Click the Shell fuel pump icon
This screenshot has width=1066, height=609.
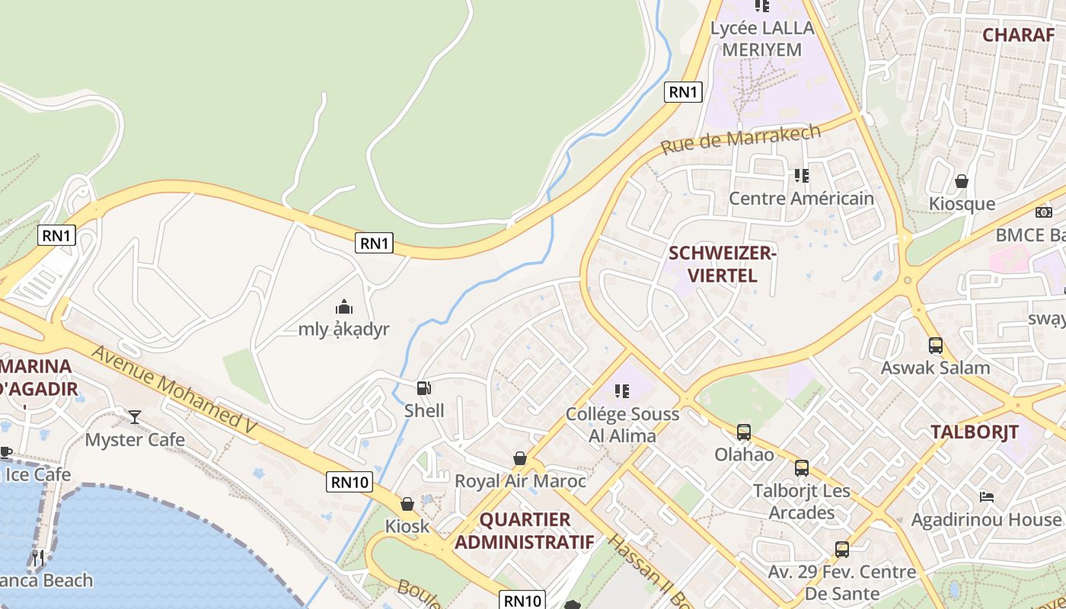[424, 388]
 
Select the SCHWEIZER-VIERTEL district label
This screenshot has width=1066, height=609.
[721, 263]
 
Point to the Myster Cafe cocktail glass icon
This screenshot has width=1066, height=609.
[135, 416]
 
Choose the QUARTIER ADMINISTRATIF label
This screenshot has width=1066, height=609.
[525, 531]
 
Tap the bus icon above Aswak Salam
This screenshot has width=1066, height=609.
[936, 346]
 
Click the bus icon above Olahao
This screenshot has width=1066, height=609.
[744, 432]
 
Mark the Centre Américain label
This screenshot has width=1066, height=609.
[801, 199]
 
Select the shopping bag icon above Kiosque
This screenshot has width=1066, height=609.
[962, 181]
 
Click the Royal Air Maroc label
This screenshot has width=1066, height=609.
[520, 481]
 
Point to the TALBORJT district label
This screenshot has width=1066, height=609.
[974, 432]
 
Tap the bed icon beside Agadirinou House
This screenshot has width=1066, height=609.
[987, 497]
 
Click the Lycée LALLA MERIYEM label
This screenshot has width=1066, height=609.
[762, 39]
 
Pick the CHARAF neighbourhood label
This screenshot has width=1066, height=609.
[1017, 34]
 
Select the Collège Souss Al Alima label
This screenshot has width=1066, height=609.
[622, 425]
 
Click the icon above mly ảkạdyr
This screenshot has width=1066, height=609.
[344, 308]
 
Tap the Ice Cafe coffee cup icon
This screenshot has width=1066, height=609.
[5, 452]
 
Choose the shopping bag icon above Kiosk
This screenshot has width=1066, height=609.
[407, 504]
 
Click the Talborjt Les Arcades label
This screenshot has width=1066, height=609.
[801, 501]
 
